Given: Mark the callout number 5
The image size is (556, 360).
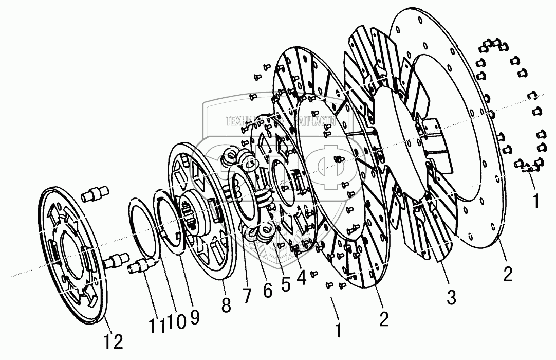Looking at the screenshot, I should point(285,282).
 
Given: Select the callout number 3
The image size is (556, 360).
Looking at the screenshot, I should point(450,297).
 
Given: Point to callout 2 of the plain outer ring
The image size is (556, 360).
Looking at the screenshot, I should point(507,274).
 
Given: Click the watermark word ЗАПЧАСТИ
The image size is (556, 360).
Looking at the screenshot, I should point(313,121).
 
